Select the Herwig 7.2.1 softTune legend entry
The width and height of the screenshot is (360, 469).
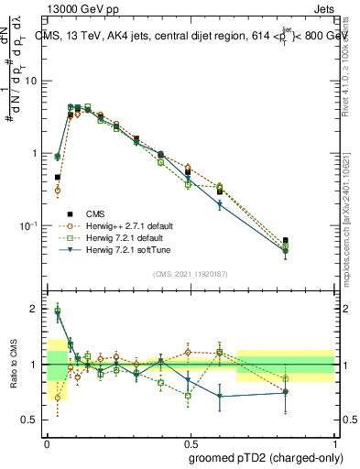click(125, 249)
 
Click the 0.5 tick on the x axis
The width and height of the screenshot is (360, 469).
click(191, 442)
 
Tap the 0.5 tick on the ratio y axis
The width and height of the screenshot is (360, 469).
click(30, 420)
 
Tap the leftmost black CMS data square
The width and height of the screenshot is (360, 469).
click(58, 178)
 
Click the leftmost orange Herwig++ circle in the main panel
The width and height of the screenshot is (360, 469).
click(58, 191)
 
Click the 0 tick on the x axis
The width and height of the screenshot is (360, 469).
click(47, 442)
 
